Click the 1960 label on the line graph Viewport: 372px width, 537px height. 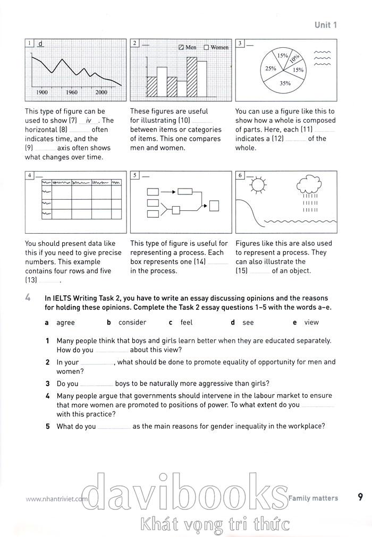pyautogui.click(x=72, y=92)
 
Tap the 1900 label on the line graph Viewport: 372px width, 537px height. pyautogui.click(x=42, y=92)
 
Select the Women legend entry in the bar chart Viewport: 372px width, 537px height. pyautogui.click(x=216, y=47)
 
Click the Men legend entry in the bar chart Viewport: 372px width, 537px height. pyautogui.click(x=188, y=47)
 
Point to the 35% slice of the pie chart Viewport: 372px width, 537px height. pyautogui.click(x=285, y=83)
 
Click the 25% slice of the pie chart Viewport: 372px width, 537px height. pyautogui.click(x=270, y=69)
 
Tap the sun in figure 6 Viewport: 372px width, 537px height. pyautogui.click(x=258, y=185)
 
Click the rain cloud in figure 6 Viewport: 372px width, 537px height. pyautogui.click(x=308, y=185)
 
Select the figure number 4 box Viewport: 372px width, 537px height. pyautogui.click(x=30, y=175)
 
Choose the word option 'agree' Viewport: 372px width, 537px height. pyautogui.click(x=65, y=322)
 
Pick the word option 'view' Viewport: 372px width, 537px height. pyautogui.click(x=311, y=322)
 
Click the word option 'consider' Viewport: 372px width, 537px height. pyautogui.click(x=132, y=322)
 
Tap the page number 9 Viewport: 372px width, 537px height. pyautogui.click(x=360, y=498)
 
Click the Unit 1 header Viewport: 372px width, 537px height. pyautogui.click(x=325, y=24)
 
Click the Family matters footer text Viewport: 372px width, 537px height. pyautogui.click(x=313, y=498)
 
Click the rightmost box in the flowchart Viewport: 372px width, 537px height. pyautogui.click(x=215, y=206)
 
